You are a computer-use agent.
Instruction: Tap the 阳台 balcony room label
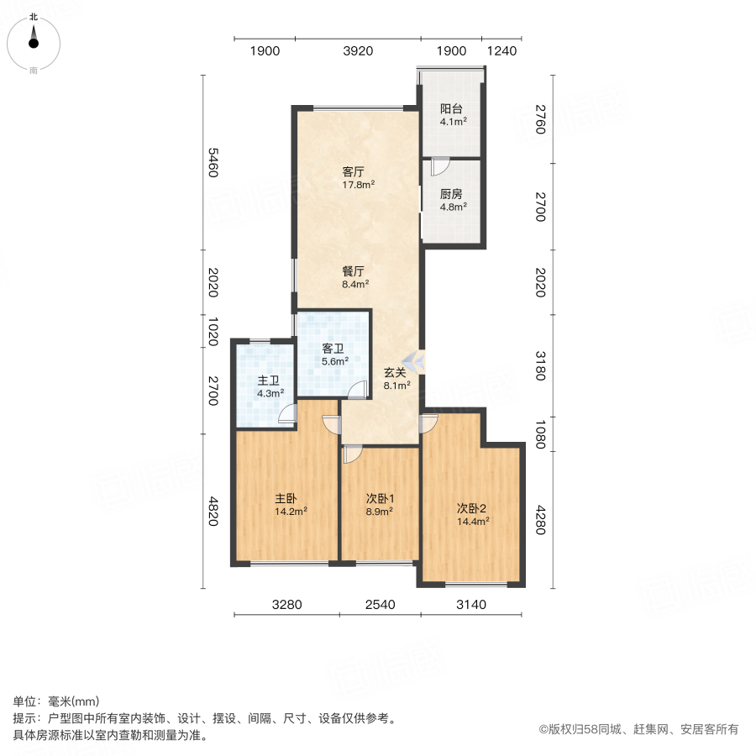[x=453, y=109]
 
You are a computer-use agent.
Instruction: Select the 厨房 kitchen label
[x=453, y=193]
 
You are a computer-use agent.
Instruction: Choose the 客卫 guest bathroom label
[x=334, y=349]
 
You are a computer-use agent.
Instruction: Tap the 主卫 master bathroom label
[x=270, y=381]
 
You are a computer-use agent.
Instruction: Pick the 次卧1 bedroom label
[x=380, y=496]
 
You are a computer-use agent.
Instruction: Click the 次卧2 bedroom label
[x=472, y=507]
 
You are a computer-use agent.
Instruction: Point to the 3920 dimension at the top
[x=358, y=51]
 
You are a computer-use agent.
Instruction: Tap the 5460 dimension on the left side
[x=213, y=163]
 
